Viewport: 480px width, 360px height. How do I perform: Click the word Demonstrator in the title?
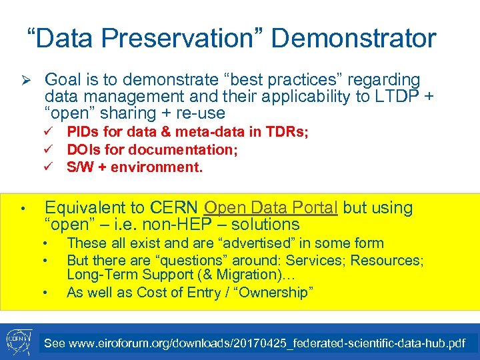pyautogui.click(x=353, y=38)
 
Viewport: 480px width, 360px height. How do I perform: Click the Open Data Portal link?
pyautogui.click(x=271, y=207)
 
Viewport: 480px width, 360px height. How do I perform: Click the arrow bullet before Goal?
pyautogui.click(x=23, y=80)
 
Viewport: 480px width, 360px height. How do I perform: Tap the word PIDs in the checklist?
pyautogui.click(x=82, y=133)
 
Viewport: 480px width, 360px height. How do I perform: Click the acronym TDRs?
pyautogui.click(x=287, y=133)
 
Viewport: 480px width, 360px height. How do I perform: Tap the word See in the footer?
pyautogui.click(x=54, y=344)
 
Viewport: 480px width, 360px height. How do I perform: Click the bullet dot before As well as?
pyautogui.click(x=45, y=293)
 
